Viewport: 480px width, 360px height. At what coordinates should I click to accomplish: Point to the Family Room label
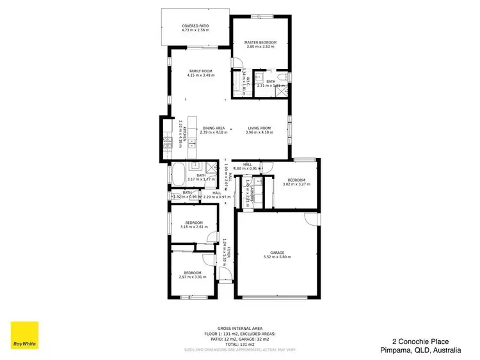click(201, 73)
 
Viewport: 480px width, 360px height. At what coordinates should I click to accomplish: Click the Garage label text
click(277, 254)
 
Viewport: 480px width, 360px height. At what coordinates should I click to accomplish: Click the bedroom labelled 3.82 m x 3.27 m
click(296, 182)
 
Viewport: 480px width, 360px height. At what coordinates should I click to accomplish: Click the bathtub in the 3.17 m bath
click(177, 174)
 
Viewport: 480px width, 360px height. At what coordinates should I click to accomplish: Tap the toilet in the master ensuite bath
click(282, 77)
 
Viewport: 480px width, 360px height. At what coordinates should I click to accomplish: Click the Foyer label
click(225, 253)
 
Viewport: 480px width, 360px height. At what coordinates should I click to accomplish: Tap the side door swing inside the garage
click(311, 219)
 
